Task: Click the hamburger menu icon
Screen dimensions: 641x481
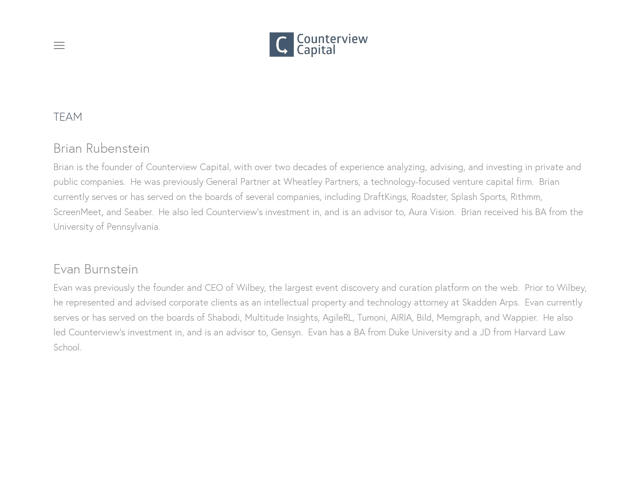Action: coord(59,45)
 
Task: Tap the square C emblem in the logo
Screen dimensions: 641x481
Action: coord(281,45)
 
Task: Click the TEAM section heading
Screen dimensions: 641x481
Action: coord(68,117)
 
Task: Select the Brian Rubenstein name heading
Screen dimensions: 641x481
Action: coord(101,148)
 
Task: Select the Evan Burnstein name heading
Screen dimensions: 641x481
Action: coord(96,269)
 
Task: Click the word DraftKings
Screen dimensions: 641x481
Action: coord(385,196)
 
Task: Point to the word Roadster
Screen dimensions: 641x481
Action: coord(428,196)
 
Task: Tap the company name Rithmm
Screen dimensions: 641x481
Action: coord(525,196)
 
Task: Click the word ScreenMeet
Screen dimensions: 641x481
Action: coord(77,212)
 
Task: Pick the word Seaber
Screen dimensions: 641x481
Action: coord(138,212)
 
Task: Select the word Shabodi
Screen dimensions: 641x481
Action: coord(223,317)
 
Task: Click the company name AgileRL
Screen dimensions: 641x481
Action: coord(337,317)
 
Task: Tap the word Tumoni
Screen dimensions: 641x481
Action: coord(371,317)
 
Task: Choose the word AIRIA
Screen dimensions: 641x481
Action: coord(401,317)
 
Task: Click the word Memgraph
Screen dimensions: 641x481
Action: coord(458,317)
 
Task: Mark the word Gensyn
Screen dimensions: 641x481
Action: coord(286,332)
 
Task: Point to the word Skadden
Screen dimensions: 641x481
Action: coord(479,302)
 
